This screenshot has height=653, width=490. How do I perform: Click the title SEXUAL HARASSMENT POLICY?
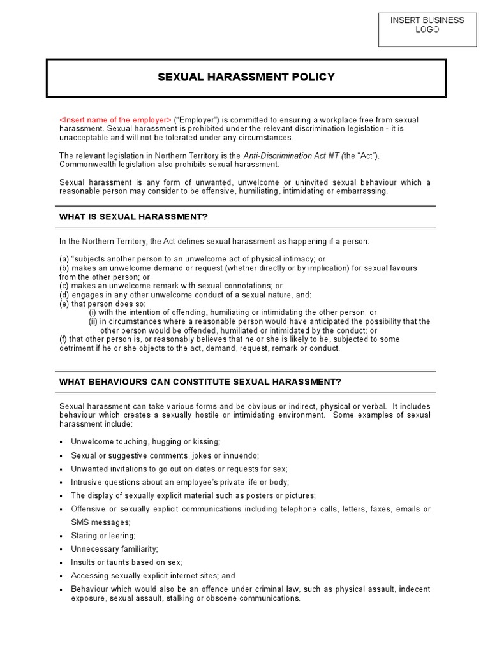246,77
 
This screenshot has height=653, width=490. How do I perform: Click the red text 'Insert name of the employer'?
115,120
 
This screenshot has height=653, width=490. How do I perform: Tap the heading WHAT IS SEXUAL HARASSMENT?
133,217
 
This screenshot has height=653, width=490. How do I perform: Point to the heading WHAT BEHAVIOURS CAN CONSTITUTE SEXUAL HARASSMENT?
200,382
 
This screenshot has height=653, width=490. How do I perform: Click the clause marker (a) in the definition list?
64,259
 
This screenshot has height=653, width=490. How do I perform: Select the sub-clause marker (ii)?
93,322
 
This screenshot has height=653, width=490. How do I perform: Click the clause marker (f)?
64,339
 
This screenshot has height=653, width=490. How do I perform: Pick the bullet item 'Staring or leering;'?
103,536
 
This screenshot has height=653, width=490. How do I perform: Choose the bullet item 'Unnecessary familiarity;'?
114,549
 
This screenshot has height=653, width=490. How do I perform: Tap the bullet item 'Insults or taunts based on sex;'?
126,562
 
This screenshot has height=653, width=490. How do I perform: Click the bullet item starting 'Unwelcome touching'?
145,441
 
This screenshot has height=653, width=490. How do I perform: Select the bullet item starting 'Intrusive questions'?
180,482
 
